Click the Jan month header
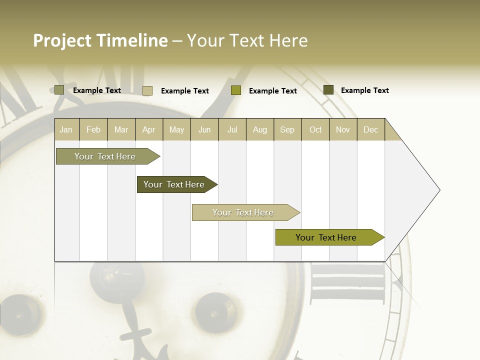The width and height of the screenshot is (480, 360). [66, 129]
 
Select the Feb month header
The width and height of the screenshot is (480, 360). [93, 129]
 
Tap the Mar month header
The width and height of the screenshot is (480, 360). [121, 129]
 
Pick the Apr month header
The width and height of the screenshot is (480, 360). [148, 129]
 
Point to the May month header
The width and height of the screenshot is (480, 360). [176, 129]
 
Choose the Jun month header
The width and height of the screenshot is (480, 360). [204, 129]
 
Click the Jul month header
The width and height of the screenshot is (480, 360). [232, 129]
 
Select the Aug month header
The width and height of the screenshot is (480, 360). [260, 129]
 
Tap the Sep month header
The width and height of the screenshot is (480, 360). [287, 129]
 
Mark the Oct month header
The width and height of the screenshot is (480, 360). [315, 129]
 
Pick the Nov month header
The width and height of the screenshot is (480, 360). [343, 129]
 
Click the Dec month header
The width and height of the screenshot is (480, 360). [371, 129]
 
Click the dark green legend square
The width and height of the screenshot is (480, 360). [328, 90]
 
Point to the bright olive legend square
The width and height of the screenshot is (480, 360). [236, 90]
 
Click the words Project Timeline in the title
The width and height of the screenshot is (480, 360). [100, 40]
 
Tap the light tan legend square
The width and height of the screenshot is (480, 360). [147, 90]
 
